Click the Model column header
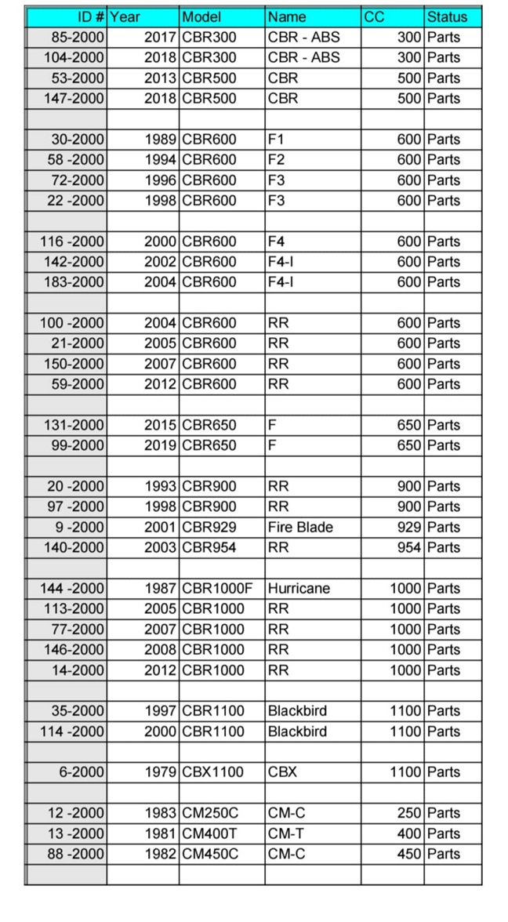tap(201, 16)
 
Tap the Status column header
tap(447, 16)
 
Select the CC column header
tap(374, 16)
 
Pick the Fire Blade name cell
tap(300, 527)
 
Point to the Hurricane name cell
tap(299, 588)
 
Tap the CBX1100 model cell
tap(212, 772)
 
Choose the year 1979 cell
tap(161, 772)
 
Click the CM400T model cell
tap(211, 833)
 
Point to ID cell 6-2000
tap(82, 772)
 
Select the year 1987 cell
tap(161, 588)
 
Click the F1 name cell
tap(276, 139)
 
